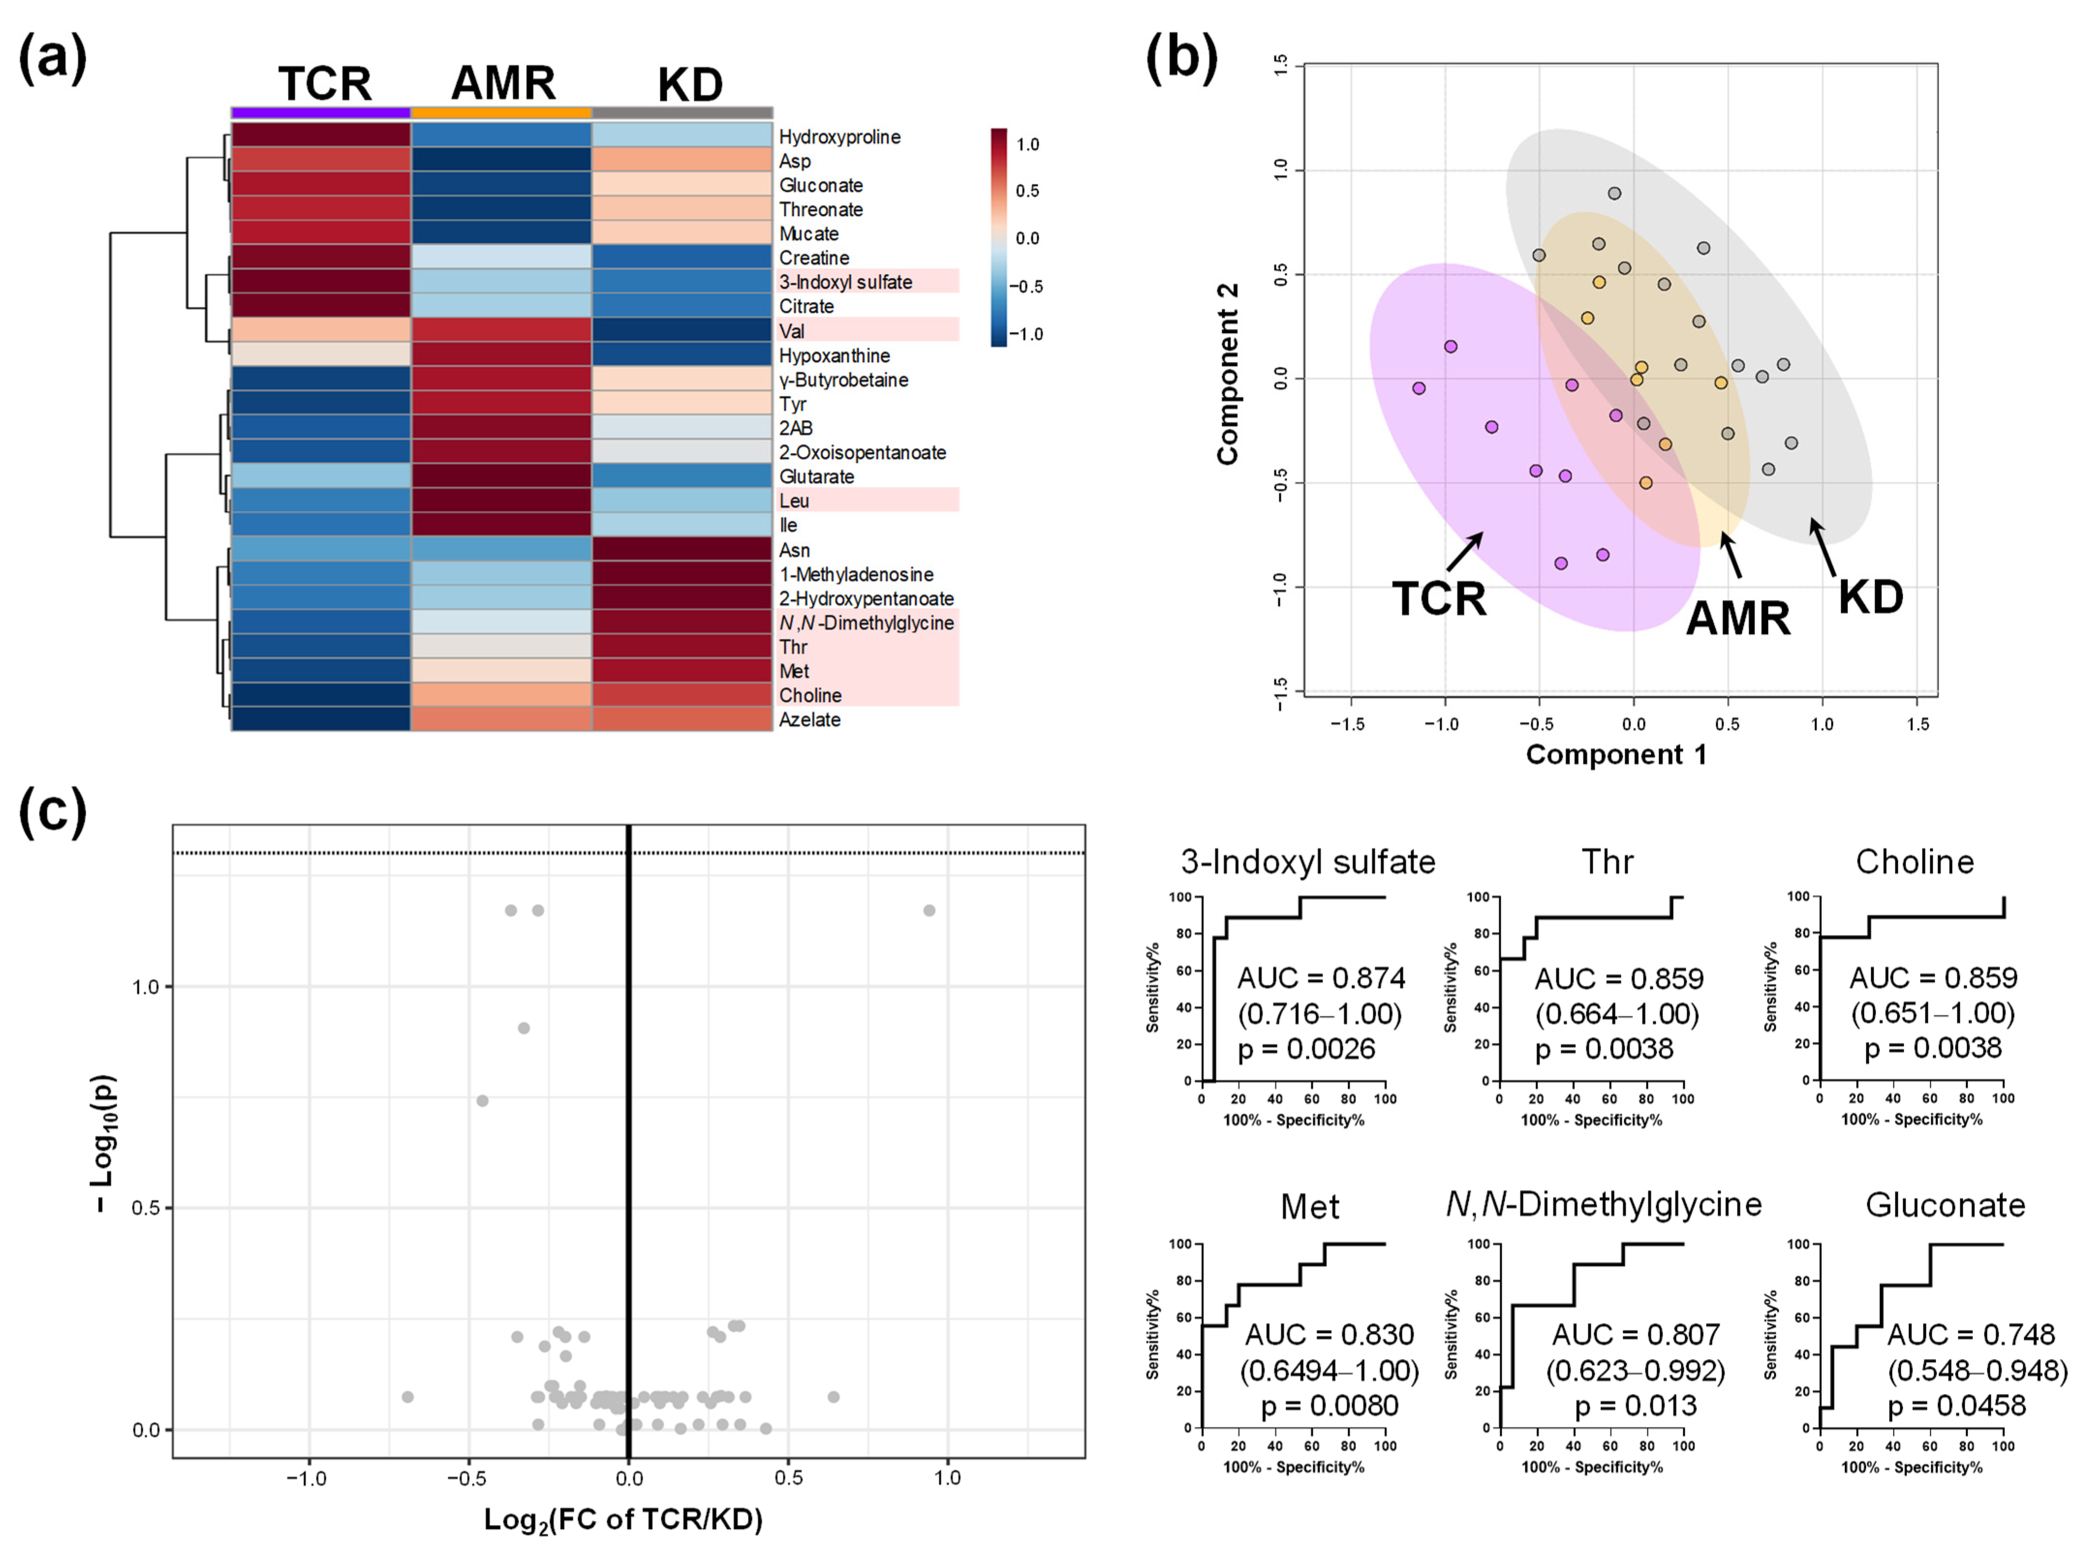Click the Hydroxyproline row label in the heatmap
tap(839, 137)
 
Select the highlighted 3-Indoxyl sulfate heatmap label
tap(845, 282)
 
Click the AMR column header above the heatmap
tap(503, 83)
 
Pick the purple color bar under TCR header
tap(321, 112)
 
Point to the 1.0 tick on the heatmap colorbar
tap(1027, 144)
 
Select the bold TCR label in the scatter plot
tap(1439, 599)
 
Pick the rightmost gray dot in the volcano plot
tap(929, 910)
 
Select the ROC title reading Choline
tap(1915, 861)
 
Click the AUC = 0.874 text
tap(1321, 979)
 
